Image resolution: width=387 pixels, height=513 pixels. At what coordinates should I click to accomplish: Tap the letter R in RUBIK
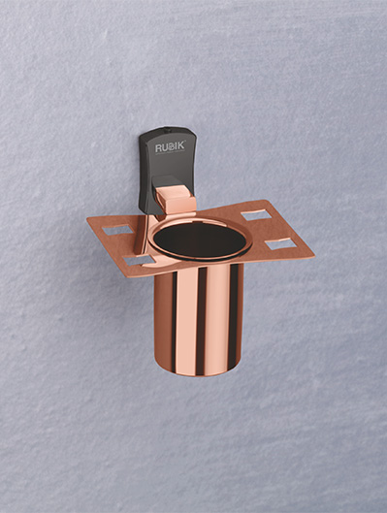coord(158,148)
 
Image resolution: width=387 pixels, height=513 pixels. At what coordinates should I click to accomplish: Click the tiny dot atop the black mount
coord(173,132)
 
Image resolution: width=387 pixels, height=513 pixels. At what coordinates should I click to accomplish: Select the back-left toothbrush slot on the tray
coord(118,230)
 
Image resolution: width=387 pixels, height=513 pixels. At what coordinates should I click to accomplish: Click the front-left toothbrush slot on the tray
coord(137,259)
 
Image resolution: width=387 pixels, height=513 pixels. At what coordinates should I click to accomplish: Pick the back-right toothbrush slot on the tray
coord(255,214)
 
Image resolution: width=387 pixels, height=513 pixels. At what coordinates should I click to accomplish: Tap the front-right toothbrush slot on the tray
coord(279,242)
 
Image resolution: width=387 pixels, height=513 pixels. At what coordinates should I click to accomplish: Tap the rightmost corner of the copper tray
coord(313,256)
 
